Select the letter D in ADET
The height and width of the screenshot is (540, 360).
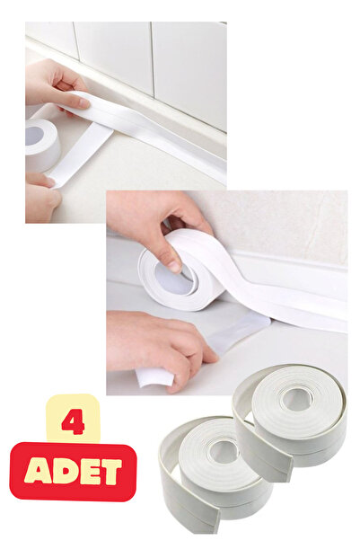point(61,471)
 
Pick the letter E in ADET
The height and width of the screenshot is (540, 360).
point(86,471)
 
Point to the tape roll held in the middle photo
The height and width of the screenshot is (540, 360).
point(184,270)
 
